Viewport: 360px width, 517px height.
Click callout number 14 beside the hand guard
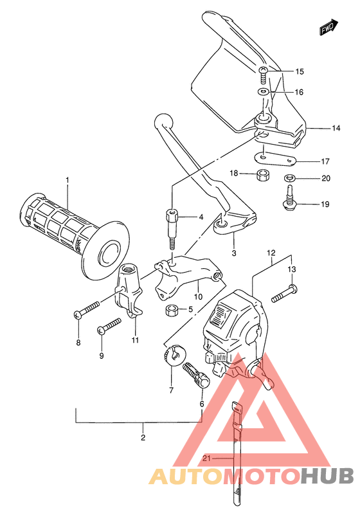click(336, 129)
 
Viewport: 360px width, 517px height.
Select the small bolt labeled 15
click(264, 76)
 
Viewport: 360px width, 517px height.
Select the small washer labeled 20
click(290, 178)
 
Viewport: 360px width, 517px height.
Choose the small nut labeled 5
click(171, 311)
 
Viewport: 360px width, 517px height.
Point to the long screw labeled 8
click(89, 309)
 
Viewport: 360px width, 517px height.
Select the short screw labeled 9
click(109, 326)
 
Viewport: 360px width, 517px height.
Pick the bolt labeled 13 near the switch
click(283, 295)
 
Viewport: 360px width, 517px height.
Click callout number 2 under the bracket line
click(143, 438)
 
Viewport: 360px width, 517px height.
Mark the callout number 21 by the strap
click(206, 458)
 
